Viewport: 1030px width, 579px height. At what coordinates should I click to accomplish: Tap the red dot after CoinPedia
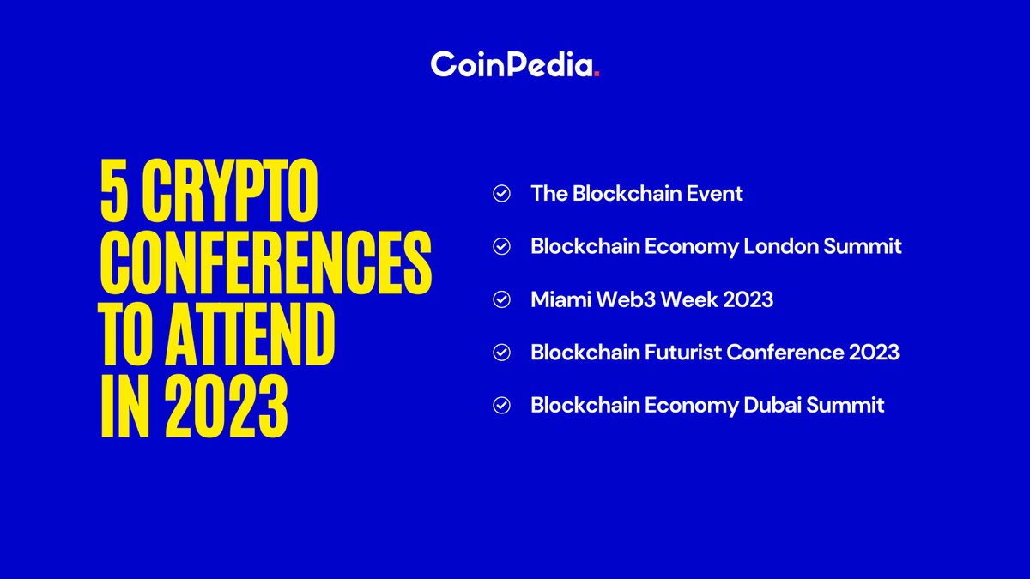597,75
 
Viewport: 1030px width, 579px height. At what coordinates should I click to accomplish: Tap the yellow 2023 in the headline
226,404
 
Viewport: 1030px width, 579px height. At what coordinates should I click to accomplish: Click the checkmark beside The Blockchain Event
501,194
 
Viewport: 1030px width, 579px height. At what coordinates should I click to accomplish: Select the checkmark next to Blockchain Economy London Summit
501,247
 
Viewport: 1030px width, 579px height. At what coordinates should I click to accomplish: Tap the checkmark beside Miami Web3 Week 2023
501,300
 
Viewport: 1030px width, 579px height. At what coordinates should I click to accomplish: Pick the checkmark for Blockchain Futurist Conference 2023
501,353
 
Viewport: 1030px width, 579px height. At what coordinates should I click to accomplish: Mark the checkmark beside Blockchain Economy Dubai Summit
501,406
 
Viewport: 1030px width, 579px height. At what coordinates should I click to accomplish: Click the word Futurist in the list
700,353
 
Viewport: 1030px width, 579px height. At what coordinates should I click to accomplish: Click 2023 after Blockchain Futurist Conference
875,353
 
